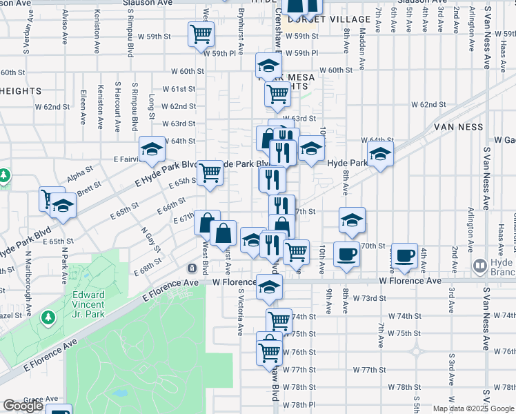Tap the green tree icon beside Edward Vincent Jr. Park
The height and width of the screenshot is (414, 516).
click(x=48, y=317)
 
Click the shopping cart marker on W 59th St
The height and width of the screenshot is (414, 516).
click(x=201, y=33)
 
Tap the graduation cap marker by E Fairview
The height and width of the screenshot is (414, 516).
click(x=152, y=148)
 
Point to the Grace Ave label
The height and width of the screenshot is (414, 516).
click(x=41, y=399)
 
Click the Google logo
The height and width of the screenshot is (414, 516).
click(x=22, y=406)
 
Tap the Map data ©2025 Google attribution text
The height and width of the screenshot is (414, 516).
click(x=474, y=408)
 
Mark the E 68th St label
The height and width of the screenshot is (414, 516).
click(x=148, y=266)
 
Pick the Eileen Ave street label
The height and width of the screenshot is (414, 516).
click(x=83, y=107)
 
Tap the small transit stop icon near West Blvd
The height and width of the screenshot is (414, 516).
click(x=192, y=268)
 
